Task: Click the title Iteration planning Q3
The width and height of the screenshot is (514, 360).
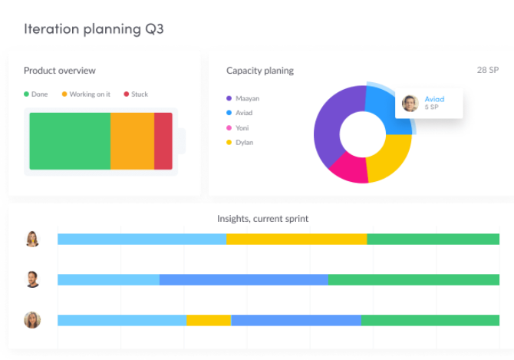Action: [94, 29]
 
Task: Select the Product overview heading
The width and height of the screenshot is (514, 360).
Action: [60, 71]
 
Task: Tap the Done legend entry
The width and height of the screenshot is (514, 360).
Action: [36, 94]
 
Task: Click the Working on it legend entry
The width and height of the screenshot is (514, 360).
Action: [85, 94]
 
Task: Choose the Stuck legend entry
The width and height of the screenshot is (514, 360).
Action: [136, 94]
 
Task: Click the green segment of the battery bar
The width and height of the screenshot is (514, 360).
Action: [70, 141]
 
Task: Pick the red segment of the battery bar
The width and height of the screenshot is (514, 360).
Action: [163, 141]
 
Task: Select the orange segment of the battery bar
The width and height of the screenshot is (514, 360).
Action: [132, 141]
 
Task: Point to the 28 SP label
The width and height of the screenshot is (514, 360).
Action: [487, 70]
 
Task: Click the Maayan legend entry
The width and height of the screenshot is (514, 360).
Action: [247, 98]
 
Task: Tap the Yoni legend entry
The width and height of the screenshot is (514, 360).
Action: [242, 128]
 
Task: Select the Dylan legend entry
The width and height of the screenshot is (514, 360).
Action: [244, 143]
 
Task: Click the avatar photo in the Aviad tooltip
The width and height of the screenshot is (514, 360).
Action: [410, 103]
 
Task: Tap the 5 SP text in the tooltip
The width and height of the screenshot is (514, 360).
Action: [432, 107]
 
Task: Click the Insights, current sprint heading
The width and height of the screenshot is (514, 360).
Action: [262, 219]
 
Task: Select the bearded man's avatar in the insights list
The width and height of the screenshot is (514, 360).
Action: [32, 279]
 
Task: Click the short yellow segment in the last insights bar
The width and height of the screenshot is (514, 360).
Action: [209, 320]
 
